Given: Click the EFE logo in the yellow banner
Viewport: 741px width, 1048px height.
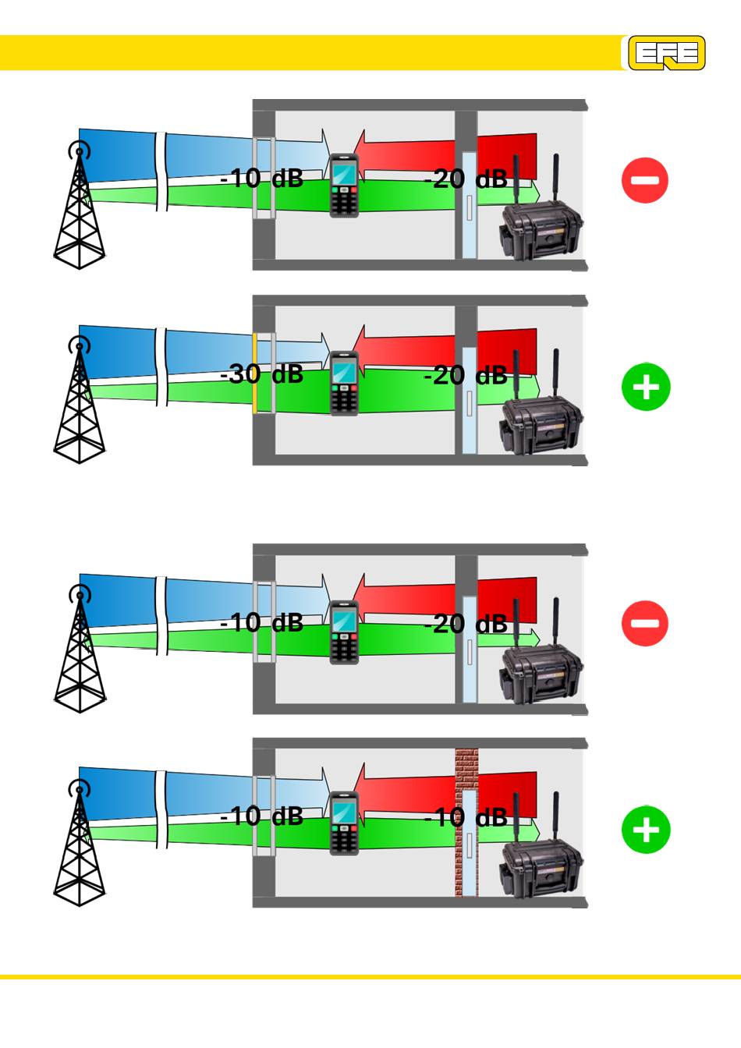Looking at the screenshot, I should tap(667, 53).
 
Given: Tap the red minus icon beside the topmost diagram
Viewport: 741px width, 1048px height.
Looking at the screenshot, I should tap(645, 180).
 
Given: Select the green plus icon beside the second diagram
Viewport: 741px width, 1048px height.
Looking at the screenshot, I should tap(646, 387).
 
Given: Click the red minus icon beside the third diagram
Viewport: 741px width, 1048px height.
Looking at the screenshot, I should tap(645, 623).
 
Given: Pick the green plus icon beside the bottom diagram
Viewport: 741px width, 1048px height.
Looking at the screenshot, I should tap(646, 830).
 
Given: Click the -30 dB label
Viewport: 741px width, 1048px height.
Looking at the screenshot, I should tap(261, 374).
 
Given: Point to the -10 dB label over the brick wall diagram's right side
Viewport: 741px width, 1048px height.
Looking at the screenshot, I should tap(466, 817).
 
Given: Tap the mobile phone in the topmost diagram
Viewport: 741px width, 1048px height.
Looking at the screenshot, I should tap(344, 186).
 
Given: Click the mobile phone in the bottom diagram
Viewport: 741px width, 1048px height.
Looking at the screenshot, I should tap(344, 823).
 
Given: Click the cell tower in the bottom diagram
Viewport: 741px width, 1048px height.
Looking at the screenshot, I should tap(79, 846).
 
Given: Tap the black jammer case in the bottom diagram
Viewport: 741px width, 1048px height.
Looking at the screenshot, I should tap(541, 868).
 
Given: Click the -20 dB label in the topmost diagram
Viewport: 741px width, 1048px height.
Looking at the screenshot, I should tap(466, 179).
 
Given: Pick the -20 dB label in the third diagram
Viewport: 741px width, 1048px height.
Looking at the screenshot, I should tap(466, 624).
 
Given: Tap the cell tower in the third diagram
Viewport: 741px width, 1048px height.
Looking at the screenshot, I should tap(79, 651).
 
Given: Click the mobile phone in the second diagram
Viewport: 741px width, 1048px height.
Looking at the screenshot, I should tap(344, 384).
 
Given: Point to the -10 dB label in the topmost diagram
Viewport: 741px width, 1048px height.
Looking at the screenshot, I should tap(261, 179).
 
